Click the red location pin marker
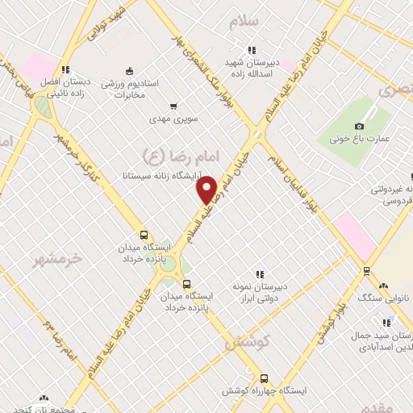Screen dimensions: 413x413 [207, 190]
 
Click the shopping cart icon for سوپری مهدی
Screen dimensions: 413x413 [173, 106]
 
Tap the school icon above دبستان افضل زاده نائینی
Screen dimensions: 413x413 [65, 69]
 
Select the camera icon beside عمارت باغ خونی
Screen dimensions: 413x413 [359, 126]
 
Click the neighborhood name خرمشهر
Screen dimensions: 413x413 [57, 259]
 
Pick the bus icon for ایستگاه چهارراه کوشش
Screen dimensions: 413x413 [264, 378]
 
